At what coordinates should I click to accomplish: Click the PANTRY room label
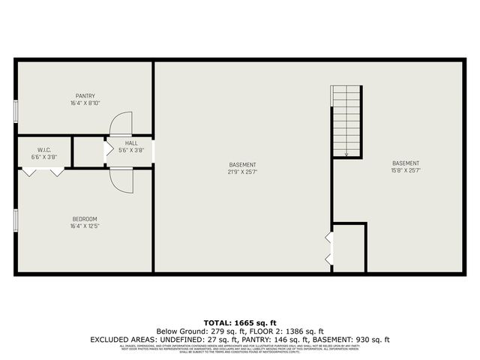[84, 95]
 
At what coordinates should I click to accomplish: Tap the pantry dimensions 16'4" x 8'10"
[84, 103]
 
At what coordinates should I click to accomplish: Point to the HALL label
[131, 142]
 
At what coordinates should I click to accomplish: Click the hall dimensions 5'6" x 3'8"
[131, 150]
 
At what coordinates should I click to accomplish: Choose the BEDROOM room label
[84, 218]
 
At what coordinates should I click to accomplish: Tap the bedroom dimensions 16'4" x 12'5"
[84, 226]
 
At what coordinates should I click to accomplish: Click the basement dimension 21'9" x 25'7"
[243, 172]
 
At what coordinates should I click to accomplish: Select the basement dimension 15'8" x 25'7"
[406, 170]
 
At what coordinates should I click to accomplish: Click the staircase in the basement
[346, 120]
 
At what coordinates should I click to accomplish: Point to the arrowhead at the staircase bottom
[346, 154]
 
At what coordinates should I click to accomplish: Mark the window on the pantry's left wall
[16, 110]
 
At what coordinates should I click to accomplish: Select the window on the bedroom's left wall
[16, 220]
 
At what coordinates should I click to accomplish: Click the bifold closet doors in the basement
[328, 248]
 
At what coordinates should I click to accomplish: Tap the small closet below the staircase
[349, 247]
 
